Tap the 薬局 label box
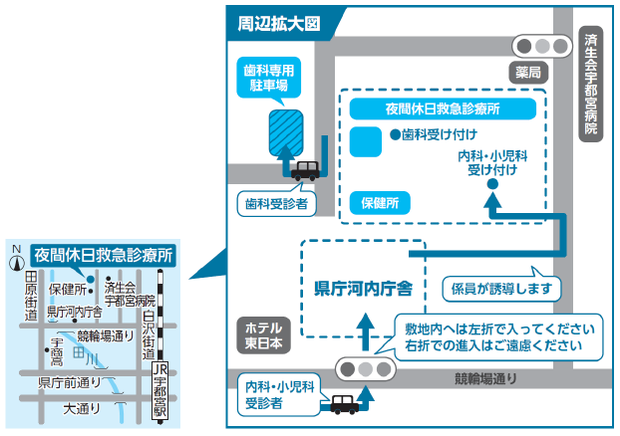(528, 72)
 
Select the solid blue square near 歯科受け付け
(365, 140)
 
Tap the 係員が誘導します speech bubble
(494, 289)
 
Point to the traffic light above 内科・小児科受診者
(366, 368)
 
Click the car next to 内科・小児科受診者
(344, 404)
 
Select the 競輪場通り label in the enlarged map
(486, 377)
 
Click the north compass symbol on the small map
(16, 261)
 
